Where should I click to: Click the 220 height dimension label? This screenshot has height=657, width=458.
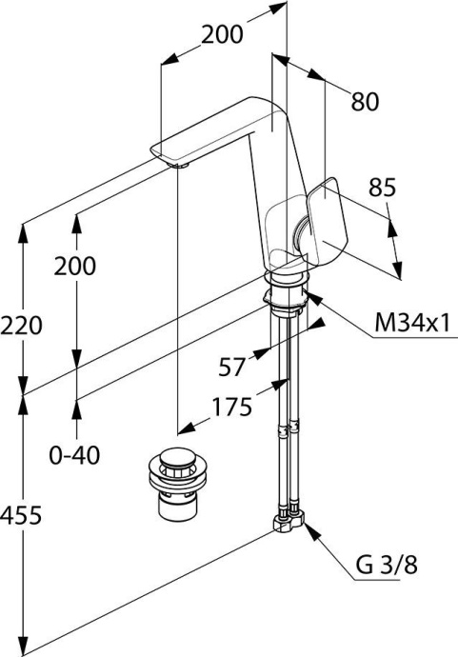click(x=21, y=326)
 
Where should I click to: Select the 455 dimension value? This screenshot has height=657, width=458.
click(x=21, y=515)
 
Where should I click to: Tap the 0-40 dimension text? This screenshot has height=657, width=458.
click(x=74, y=455)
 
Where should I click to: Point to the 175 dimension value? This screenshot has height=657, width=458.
click(x=232, y=407)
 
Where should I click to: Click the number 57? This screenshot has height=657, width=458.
click(x=231, y=368)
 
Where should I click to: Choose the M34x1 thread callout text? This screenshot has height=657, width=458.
click(x=412, y=323)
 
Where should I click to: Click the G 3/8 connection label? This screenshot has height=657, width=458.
click(x=387, y=566)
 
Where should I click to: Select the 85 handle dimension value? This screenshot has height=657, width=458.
click(x=382, y=188)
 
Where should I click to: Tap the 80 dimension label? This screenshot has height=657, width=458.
click(x=365, y=101)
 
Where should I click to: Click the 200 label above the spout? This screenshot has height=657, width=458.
click(x=222, y=34)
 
